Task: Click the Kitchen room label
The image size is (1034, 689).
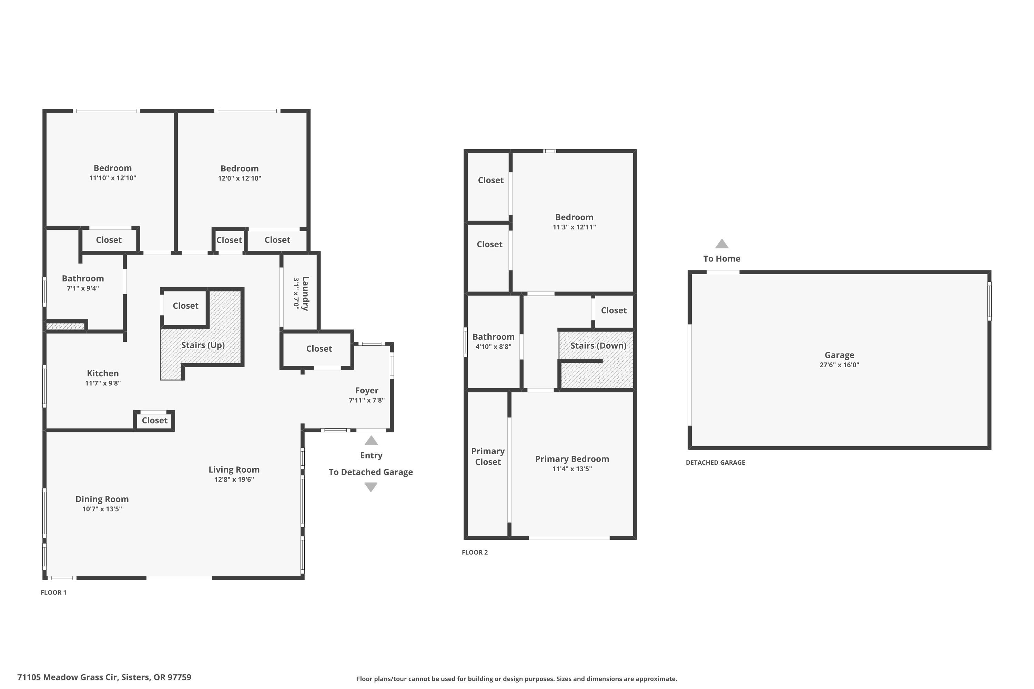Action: pyautogui.click(x=103, y=373)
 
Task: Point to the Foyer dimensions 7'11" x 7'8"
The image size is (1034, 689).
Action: pyautogui.click(x=367, y=400)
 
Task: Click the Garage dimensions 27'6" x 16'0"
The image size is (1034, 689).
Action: pyautogui.click(x=839, y=365)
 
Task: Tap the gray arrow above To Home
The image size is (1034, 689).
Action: pyautogui.click(x=722, y=244)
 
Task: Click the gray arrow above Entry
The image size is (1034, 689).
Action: pyautogui.click(x=371, y=440)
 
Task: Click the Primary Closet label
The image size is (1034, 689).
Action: pyautogui.click(x=488, y=456)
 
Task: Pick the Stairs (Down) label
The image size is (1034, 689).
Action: pyautogui.click(x=598, y=346)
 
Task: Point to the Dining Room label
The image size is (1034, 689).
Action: pyautogui.click(x=102, y=499)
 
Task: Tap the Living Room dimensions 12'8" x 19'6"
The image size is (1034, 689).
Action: pyautogui.click(x=234, y=480)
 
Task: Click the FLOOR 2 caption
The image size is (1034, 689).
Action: pyautogui.click(x=475, y=552)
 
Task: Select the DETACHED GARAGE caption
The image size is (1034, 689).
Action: pyautogui.click(x=715, y=462)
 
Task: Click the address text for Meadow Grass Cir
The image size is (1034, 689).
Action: pyautogui.click(x=104, y=677)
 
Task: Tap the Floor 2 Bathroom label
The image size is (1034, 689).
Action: pyautogui.click(x=493, y=337)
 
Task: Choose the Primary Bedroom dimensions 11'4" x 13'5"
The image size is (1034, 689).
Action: pyautogui.click(x=572, y=469)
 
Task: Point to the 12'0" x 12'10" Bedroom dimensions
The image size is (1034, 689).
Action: pyautogui.click(x=240, y=178)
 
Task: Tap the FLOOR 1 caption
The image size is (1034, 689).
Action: pyautogui.click(x=54, y=592)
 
